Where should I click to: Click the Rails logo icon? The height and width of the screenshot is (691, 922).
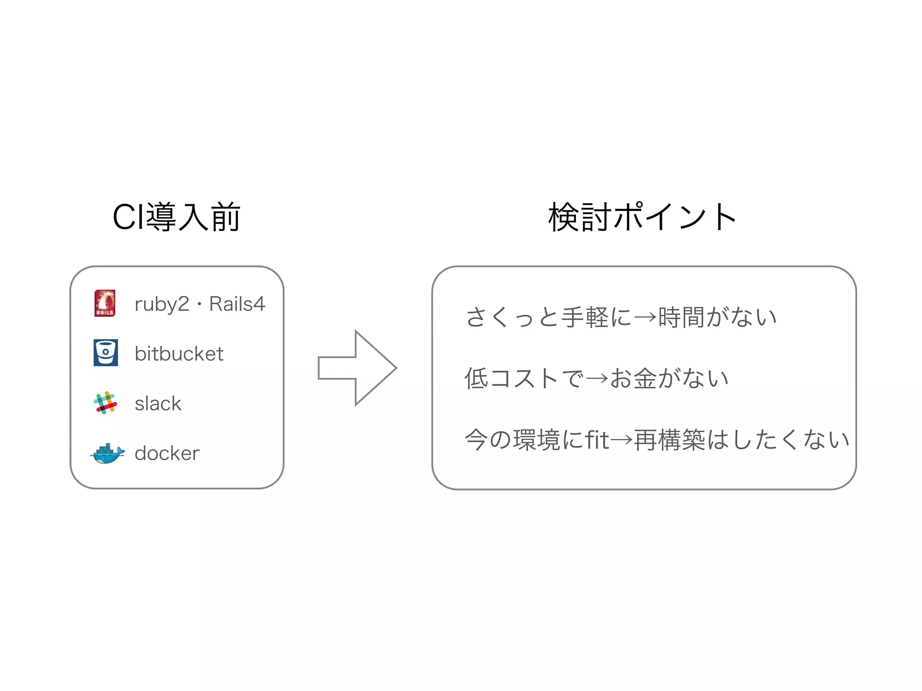tap(105, 303)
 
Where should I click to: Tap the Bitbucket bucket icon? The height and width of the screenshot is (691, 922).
tap(106, 353)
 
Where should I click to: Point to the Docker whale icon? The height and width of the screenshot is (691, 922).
tap(107, 453)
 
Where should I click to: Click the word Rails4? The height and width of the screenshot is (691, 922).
tap(237, 304)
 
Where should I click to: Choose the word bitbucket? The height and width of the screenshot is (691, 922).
tap(179, 354)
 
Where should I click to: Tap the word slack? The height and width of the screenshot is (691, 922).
tap(158, 404)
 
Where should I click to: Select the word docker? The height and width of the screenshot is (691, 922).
tap(167, 453)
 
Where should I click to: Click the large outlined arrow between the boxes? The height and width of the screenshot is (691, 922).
tap(357, 368)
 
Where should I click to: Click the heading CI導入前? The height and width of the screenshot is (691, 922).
tap(176, 217)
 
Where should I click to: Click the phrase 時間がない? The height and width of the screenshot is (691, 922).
tap(718, 317)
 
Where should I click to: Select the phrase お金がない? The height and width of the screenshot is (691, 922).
tap(669, 378)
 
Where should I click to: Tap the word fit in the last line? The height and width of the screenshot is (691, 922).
tap(597, 440)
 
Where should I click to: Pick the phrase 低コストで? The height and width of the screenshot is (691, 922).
tap(524, 378)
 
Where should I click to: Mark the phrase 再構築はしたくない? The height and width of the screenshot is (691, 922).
tap(741, 440)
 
